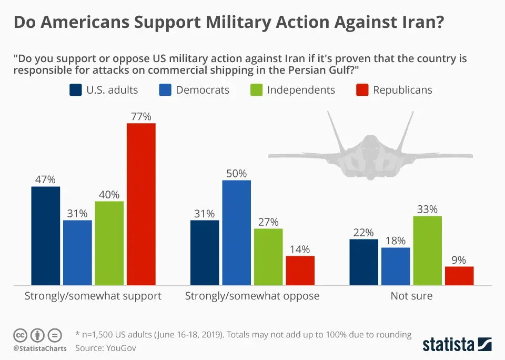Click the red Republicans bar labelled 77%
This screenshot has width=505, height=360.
(141, 204)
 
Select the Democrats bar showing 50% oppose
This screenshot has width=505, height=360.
(236, 233)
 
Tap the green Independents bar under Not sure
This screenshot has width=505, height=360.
(427, 251)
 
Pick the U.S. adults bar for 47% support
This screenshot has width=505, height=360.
(46, 236)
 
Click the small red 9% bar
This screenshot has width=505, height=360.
(459, 276)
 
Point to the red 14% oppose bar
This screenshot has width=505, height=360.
(300, 271)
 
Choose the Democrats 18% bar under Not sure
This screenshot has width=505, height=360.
(396, 266)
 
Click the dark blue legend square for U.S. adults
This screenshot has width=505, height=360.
(75, 90)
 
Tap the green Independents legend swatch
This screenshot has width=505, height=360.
(256, 90)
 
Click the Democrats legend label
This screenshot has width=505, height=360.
(203, 90)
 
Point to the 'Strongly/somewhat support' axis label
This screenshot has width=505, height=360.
(93, 296)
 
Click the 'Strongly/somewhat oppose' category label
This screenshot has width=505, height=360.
(252, 296)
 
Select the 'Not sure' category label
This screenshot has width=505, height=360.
(411, 296)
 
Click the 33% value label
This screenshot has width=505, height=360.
(427, 209)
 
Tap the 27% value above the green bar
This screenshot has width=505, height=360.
(268, 222)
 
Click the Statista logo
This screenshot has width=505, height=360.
(457, 345)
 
